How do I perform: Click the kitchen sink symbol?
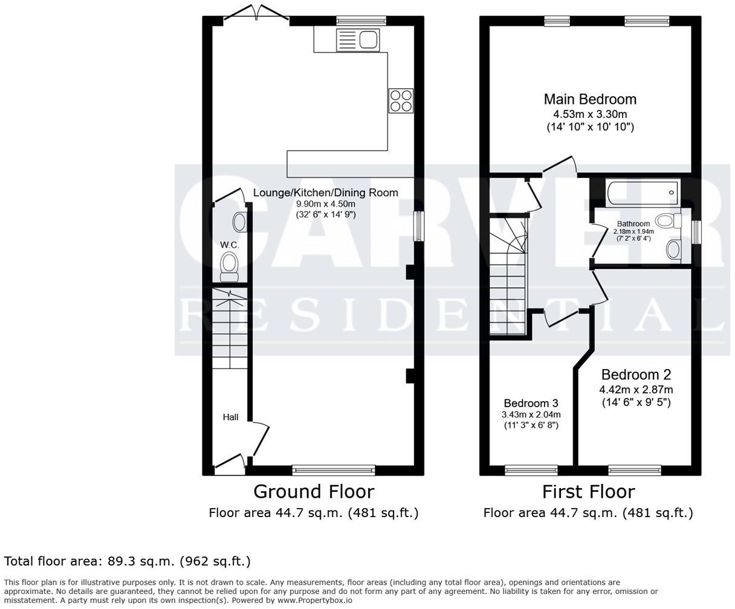(357, 40)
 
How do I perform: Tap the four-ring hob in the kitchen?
(401, 100)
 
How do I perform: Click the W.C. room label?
(229, 245)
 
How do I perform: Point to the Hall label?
(230, 417)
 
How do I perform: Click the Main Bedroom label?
(590, 99)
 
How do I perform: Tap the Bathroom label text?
(633, 224)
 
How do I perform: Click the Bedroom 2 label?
(636, 375)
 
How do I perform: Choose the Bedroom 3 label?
(531, 403)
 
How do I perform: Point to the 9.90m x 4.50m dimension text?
(325, 204)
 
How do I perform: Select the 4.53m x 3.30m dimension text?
(590, 114)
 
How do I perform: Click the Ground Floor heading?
(313, 491)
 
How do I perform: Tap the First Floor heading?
(588, 491)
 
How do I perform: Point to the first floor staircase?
(508, 278)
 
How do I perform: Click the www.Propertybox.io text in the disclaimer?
(314, 601)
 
